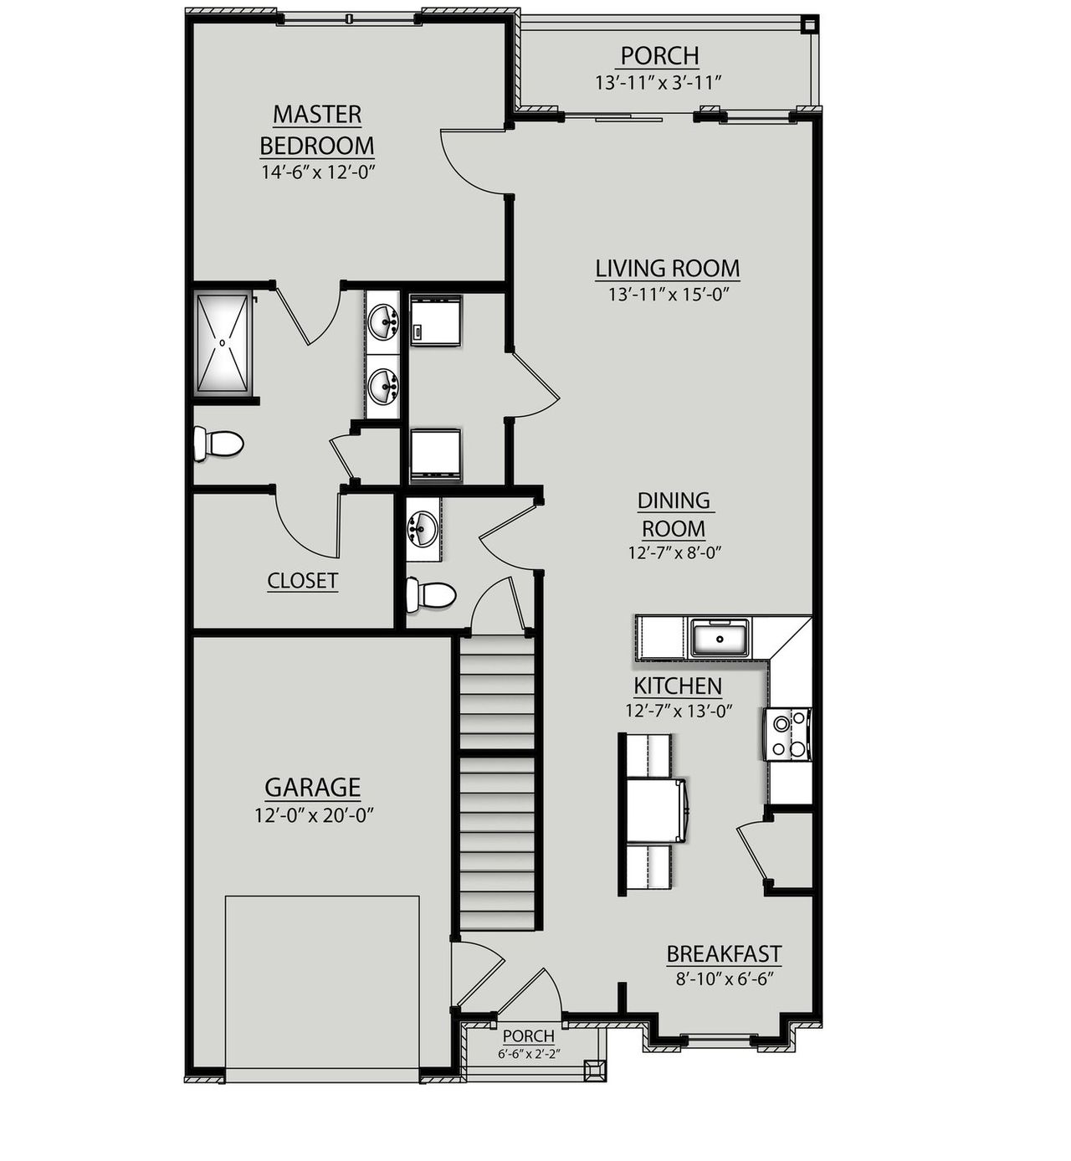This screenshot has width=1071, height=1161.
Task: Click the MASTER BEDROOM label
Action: (316, 130)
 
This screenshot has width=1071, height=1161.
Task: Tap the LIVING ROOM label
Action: (667, 269)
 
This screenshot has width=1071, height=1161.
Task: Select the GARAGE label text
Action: (312, 788)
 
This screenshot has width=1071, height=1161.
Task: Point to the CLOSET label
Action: (302, 580)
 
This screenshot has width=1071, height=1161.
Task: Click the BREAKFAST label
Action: (724, 954)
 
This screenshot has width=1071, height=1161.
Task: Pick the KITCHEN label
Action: (677, 686)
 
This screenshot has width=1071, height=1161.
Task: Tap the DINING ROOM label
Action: (674, 515)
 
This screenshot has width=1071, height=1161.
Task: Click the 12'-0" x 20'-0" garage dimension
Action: (313, 815)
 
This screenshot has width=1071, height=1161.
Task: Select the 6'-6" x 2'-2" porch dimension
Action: (529, 1054)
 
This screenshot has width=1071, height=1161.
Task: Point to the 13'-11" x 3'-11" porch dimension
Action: (658, 83)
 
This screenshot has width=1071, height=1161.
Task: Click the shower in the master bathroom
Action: (223, 342)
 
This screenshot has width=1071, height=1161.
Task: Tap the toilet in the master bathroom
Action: (218, 444)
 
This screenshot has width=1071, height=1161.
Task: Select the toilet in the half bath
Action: (430, 596)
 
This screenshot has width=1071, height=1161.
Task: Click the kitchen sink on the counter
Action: (720, 639)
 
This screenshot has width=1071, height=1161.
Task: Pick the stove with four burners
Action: (787, 734)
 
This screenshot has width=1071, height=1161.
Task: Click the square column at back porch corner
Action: (807, 25)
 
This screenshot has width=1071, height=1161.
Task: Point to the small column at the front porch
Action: (594, 1071)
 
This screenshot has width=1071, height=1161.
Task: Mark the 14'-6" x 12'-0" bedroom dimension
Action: (316, 172)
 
